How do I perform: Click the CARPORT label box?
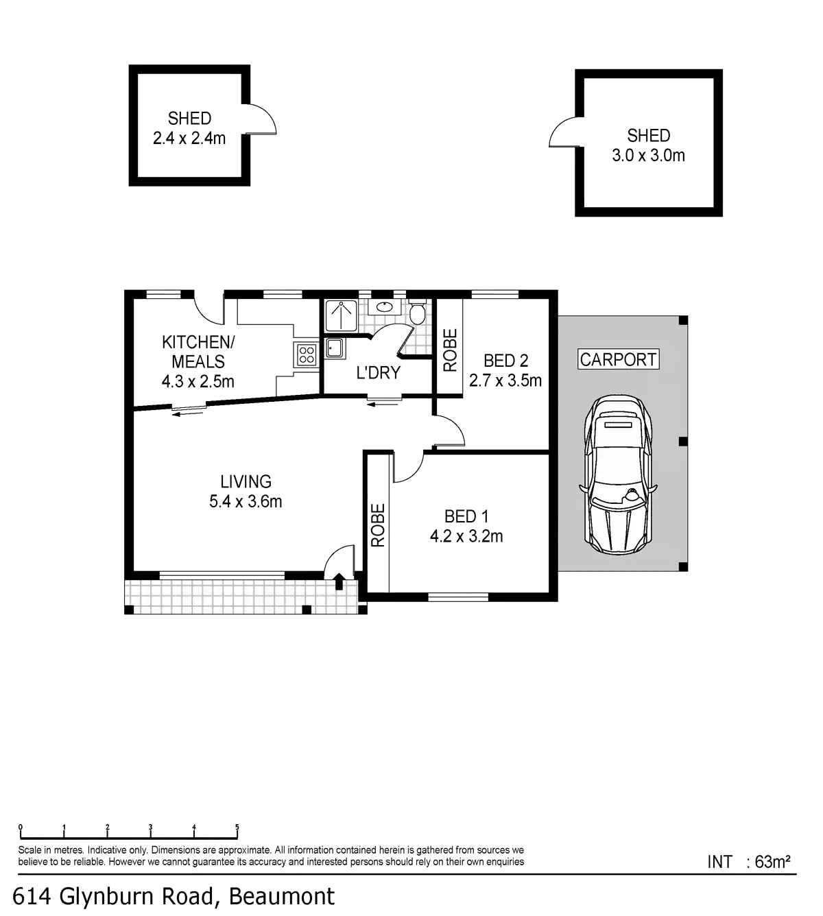click(x=619, y=359)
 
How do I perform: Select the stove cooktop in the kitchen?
click(x=305, y=354)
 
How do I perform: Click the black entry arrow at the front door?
click(x=340, y=581)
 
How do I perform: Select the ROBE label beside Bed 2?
click(x=450, y=350)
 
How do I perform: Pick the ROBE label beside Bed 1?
click(x=378, y=525)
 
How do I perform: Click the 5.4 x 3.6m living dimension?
click(x=246, y=502)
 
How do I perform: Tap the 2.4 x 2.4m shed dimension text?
click(x=189, y=139)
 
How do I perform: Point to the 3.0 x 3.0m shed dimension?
click(x=648, y=156)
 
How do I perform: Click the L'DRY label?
click(x=378, y=372)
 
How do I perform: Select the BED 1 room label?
click(x=466, y=516)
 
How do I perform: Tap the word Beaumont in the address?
click(x=282, y=896)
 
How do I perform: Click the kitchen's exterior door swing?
click(x=207, y=309)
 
